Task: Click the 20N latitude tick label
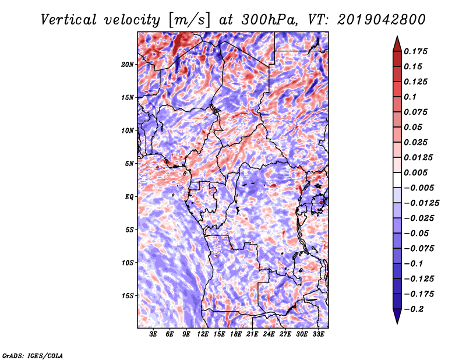tap(128, 65)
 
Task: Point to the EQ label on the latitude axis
tap(129, 197)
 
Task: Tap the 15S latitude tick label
tap(128, 296)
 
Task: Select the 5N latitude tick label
tap(129, 164)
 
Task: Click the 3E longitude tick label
tap(153, 334)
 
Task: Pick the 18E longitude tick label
tap(236, 334)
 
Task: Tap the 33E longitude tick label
tap(318, 334)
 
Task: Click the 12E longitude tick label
tap(203, 334)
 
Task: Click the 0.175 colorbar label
tap(415, 51)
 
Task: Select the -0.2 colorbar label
tap(414, 309)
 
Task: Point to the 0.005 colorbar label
tap(415, 172)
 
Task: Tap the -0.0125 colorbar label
tap(421, 203)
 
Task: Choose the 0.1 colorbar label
tap(410, 97)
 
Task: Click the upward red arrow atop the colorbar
tap(397, 44)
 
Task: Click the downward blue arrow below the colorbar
tap(397, 316)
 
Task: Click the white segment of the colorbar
tap(397, 180)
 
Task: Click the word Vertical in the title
tap(69, 20)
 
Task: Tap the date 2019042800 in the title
tap(382, 20)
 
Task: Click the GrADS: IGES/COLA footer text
tap(33, 356)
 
